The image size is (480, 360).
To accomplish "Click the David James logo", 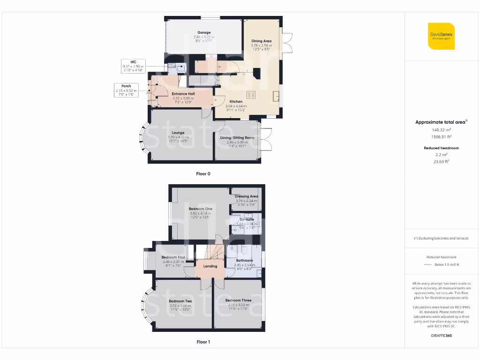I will point(441,36).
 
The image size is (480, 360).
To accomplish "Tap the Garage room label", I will point(204,33).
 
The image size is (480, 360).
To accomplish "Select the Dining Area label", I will point(261,41).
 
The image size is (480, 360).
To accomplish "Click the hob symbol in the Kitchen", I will point(251,94).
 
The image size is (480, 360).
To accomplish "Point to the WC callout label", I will point(133,61).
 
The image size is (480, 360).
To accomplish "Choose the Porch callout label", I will point(126,86).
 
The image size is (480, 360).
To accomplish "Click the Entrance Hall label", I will point(183,94).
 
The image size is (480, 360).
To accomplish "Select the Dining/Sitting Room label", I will point(237,137).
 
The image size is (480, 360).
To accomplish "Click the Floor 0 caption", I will point(203,173).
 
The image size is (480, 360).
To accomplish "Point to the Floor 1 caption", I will point(203,342).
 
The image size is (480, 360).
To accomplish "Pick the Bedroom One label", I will point(201,209).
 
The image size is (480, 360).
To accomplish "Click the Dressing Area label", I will point(247,196).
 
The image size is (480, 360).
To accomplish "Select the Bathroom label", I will point(244,261).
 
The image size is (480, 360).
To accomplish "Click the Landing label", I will point(210,266).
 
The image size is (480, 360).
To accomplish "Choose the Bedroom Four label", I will point(173,257).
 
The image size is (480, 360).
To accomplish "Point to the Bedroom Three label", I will point(238,300).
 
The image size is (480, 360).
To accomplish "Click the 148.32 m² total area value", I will point(441,130).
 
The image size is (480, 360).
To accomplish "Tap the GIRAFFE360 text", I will point(441,336).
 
